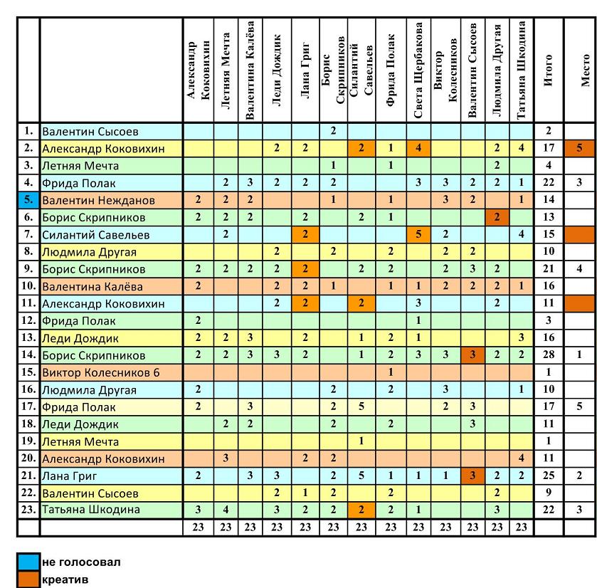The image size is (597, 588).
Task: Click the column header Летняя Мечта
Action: [x=226, y=70]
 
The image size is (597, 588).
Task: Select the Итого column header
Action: [x=548, y=70]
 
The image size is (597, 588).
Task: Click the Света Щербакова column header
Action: [x=418, y=70]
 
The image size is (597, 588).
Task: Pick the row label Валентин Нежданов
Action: [x=98, y=200]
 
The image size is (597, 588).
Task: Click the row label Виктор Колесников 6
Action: [x=101, y=372]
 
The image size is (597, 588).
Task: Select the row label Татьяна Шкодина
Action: [x=91, y=510]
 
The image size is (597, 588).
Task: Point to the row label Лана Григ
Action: [x=69, y=476]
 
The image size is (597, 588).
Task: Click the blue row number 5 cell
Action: [x=28, y=200]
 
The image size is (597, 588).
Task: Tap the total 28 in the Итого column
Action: [x=549, y=355]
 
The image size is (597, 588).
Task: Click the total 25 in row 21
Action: [x=549, y=476]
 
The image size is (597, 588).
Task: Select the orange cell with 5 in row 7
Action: [x=418, y=234]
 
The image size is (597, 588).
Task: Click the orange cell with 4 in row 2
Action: [x=418, y=148]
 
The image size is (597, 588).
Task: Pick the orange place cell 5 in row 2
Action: [x=579, y=148]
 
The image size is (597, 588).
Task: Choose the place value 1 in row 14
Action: [x=579, y=355]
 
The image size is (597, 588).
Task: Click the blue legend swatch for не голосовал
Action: [x=28, y=562]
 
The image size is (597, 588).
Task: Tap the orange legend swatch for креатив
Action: [x=28, y=579]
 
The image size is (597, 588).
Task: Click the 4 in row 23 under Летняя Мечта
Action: [x=226, y=510]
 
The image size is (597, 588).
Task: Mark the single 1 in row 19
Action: [x=361, y=441]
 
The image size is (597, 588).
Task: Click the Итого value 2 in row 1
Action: [x=549, y=130]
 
